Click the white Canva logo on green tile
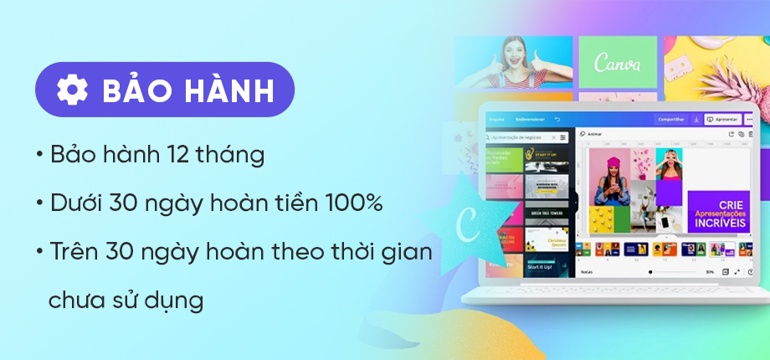point(618,64)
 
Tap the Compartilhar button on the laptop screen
point(671,120)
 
